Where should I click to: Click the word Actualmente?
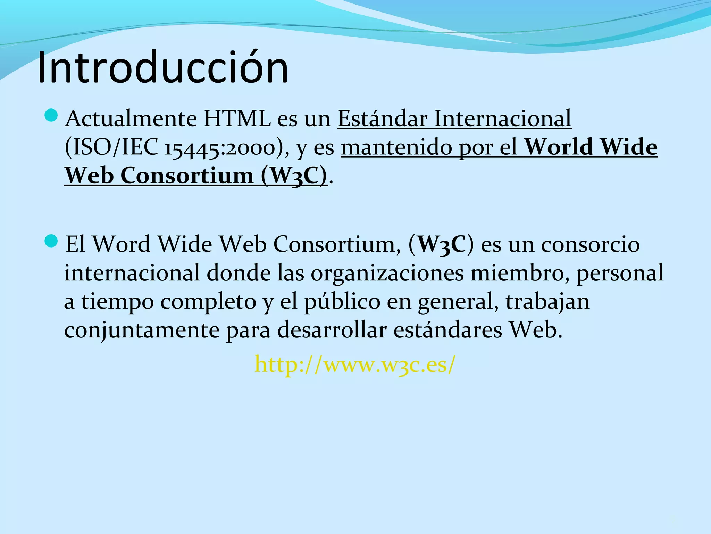click(131, 119)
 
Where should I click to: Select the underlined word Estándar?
click(382, 119)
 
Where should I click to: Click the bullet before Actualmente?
click(51, 115)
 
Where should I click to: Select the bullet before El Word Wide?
click(51, 241)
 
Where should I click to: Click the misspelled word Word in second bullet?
click(122, 244)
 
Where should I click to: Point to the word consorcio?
click(590, 244)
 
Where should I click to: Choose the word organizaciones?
click(387, 273)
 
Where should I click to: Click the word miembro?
click(519, 273)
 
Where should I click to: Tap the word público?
click(342, 302)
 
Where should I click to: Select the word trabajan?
click(547, 302)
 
